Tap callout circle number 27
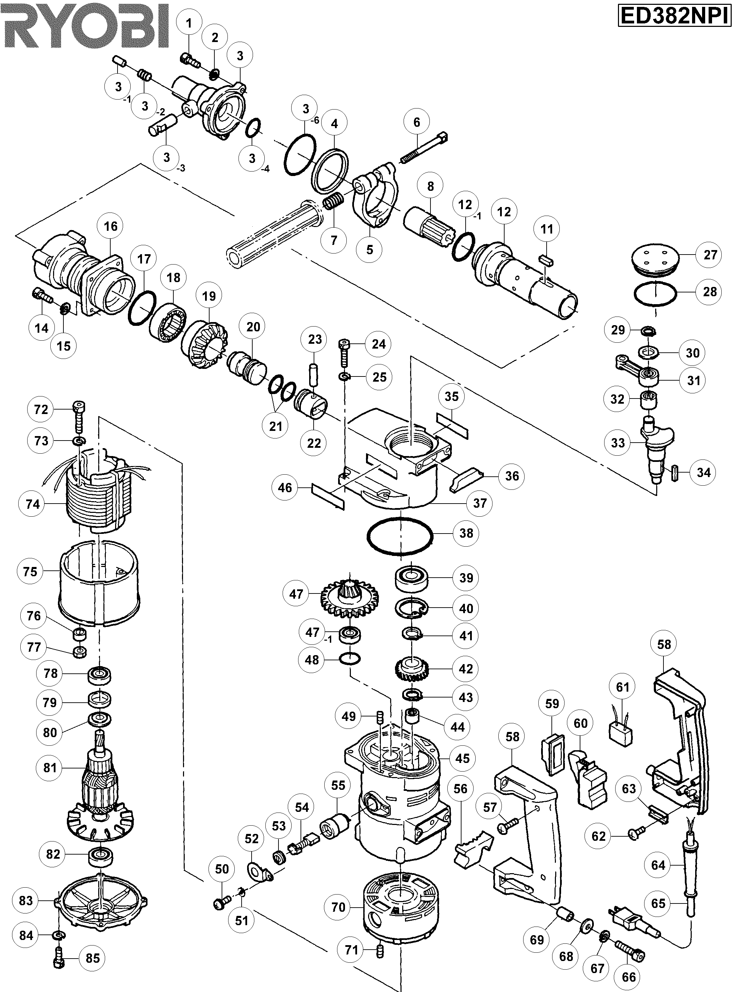[x=710, y=255]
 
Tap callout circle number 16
[x=111, y=226]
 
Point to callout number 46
[x=285, y=488]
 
